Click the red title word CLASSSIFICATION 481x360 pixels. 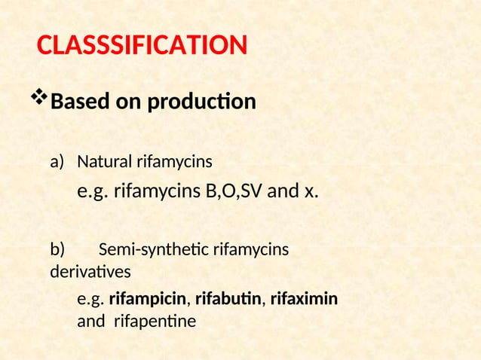point(142,46)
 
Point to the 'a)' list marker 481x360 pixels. point(58,162)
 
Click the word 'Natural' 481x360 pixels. point(104,162)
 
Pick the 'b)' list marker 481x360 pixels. point(58,249)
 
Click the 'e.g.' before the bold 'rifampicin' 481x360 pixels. point(90,301)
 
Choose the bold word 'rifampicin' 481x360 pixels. point(149,301)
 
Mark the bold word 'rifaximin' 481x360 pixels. point(304,301)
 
